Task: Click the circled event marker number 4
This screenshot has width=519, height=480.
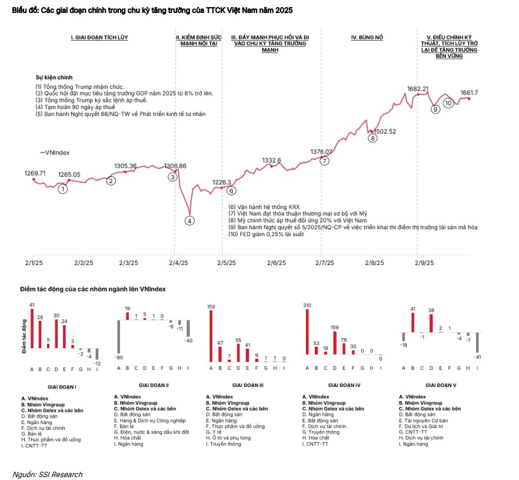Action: tap(189, 221)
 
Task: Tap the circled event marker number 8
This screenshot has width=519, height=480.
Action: tap(372, 138)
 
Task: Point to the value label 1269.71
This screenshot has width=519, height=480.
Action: tap(35, 173)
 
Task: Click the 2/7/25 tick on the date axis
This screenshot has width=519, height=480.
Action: tap(321, 263)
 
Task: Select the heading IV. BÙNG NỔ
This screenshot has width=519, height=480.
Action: tap(367, 37)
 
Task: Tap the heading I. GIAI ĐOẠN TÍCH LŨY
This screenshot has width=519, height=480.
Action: tap(99, 37)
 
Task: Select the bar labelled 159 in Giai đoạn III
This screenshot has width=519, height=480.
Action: tap(211, 335)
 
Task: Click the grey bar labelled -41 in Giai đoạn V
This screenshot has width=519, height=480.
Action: tap(477, 343)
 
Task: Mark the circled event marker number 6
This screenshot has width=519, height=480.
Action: tap(231, 190)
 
